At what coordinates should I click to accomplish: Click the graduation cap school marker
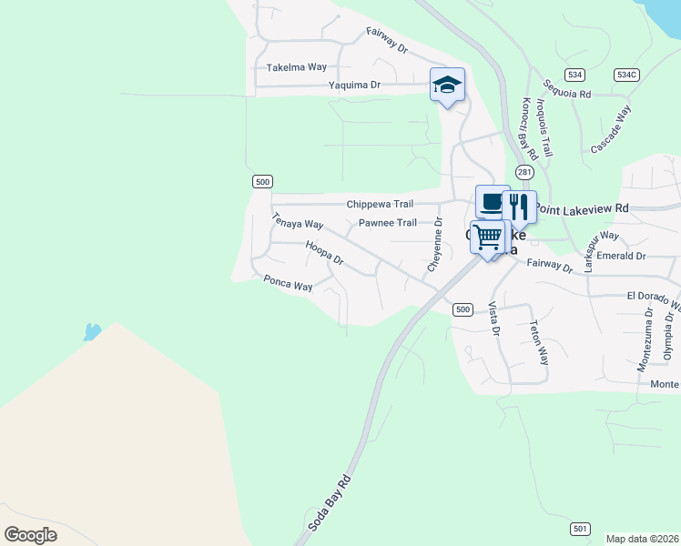pyautogui.click(x=447, y=86)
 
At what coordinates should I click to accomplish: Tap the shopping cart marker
pyautogui.click(x=488, y=237)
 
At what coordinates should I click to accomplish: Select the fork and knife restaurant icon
pyautogui.click(x=519, y=207)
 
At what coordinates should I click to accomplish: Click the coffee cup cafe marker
pyautogui.click(x=493, y=201)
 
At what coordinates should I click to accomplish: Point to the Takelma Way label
pyautogui.click(x=296, y=67)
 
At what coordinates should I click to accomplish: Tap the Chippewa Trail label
pyautogui.click(x=380, y=204)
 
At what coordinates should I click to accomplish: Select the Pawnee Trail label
pyautogui.click(x=387, y=222)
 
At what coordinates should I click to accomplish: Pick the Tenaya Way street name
pyautogui.click(x=298, y=221)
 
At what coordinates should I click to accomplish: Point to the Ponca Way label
pyautogui.click(x=288, y=285)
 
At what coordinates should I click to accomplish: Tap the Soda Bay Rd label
pyautogui.click(x=329, y=502)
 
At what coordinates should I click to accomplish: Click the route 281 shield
pyautogui.click(x=523, y=172)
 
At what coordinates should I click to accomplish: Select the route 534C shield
pyautogui.click(x=625, y=75)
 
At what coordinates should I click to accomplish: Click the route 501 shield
pyautogui.click(x=581, y=529)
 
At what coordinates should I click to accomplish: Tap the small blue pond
pyautogui.click(x=91, y=331)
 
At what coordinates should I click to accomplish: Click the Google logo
pyautogui.click(x=31, y=535)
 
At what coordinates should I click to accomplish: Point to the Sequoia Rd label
pyautogui.click(x=566, y=88)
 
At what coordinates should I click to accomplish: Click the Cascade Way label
pyautogui.click(x=611, y=129)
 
